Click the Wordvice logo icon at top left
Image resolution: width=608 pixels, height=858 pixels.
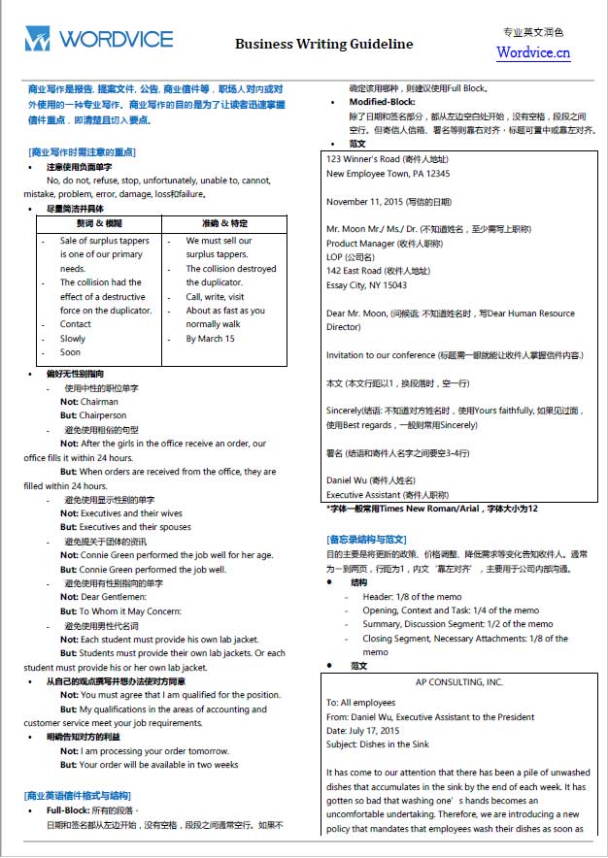pyautogui.click(x=37, y=40)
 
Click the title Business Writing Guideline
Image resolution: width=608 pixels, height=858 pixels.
pyautogui.click(x=323, y=44)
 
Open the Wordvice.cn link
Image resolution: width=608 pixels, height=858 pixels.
pyautogui.click(x=533, y=52)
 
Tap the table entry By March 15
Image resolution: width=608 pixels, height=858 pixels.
pyautogui.click(x=210, y=339)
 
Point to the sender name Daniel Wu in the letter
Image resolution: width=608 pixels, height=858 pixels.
pyautogui.click(x=349, y=480)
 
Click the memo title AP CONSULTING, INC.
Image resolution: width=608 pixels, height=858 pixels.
pyautogui.click(x=459, y=682)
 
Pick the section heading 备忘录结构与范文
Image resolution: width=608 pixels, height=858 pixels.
pyautogui.click(x=366, y=539)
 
